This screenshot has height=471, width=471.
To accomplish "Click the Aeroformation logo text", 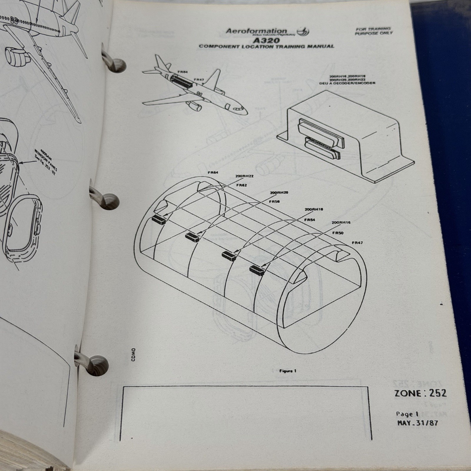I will point(256,31).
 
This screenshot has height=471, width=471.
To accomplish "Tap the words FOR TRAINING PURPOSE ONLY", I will point(374,31).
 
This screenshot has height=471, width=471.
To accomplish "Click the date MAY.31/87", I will point(417,423).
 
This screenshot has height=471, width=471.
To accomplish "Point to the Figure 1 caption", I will point(288,371).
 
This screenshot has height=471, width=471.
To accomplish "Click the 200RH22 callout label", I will point(244,176).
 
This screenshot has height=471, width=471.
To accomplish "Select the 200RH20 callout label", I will point(279,193).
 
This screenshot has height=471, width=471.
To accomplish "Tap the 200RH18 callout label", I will point(314,209).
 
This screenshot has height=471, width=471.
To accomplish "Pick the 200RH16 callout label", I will point(341,223).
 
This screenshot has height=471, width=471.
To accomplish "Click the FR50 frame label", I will point(338,233).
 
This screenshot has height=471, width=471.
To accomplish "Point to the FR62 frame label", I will point(241,185).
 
